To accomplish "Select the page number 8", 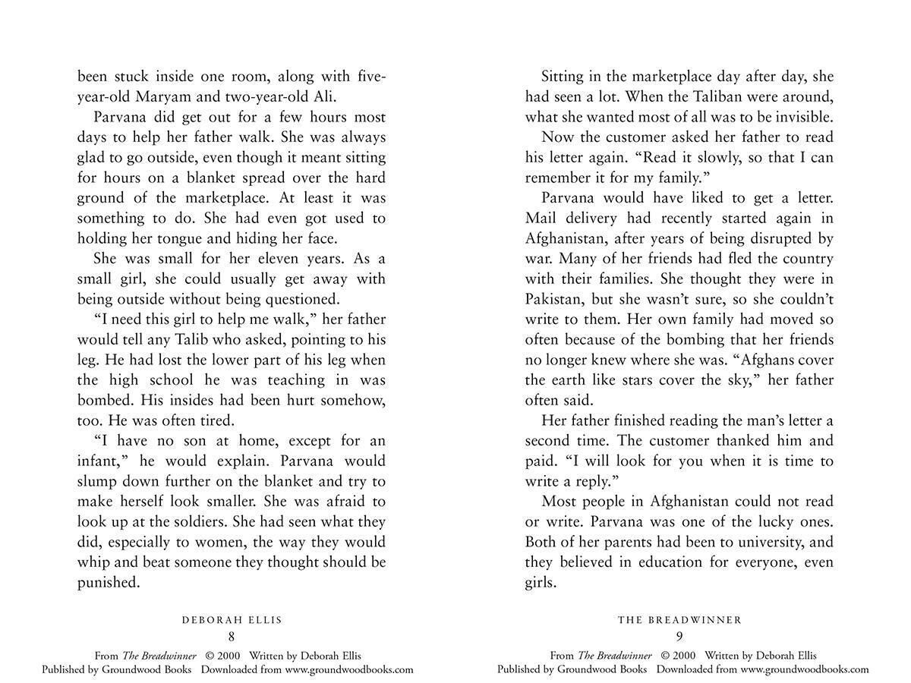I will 232,637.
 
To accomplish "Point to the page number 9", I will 679,637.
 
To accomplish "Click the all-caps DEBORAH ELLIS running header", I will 232,620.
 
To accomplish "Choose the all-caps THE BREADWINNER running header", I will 679,620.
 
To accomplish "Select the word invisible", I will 801,118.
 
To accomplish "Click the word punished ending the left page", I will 108,583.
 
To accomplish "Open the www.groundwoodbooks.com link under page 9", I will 805,669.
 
